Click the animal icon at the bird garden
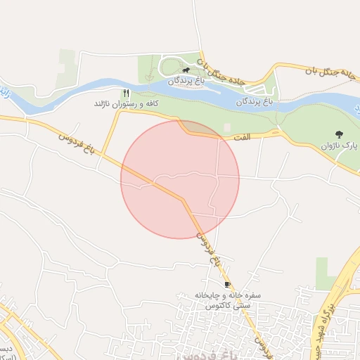pyautogui.click(x=186, y=70)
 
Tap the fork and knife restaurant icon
pyautogui.click(x=127, y=93)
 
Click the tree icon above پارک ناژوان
pyautogui.click(x=340, y=134)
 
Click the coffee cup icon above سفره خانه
pyautogui.click(x=227, y=284)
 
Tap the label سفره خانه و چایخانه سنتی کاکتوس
pyautogui.click(x=219, y=301)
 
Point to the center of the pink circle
pyautogui.click(x=180, y=179)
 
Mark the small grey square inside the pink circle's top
pyautogui.click(x=226, y=128)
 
